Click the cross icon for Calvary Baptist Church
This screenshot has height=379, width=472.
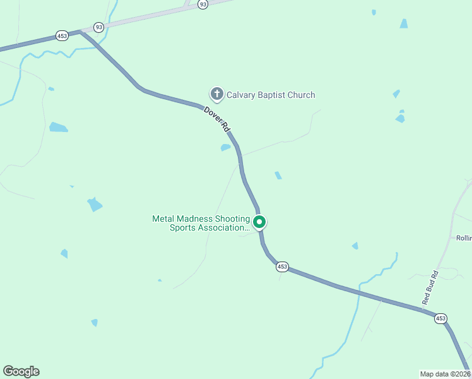217,95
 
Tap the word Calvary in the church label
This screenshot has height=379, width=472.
242,95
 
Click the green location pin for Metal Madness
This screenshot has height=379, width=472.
259,222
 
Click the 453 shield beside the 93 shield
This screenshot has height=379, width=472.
61,36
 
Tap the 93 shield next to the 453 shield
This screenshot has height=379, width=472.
98,27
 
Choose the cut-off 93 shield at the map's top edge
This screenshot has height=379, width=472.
202,4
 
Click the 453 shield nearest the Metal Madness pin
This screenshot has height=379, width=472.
282,267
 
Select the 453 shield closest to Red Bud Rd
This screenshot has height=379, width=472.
440,319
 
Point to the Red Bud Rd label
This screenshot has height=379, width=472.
430,289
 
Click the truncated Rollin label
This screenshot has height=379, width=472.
464,238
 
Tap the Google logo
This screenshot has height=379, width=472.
21,371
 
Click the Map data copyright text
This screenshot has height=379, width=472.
445,373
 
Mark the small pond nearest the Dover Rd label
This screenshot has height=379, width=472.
225,148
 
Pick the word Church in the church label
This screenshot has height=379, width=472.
301,95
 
